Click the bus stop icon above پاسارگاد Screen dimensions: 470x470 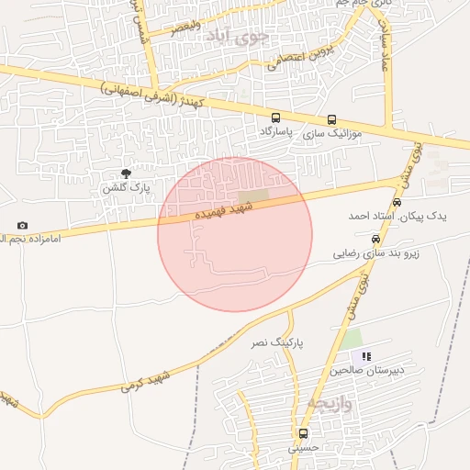tap(276, 118)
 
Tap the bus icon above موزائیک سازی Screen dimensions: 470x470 tap(331, 119)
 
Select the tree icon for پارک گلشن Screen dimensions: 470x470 tap(126, 173)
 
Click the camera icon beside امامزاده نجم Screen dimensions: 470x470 tap(22, 225)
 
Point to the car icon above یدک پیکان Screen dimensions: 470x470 tap(397, 202)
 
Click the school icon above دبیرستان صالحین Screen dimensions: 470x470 tap(366, 356)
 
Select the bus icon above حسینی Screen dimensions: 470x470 tap(303, 433)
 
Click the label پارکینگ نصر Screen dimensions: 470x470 tap(275, 341)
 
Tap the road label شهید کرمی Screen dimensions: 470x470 tap(146, 380)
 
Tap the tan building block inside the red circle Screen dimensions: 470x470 tap(253, 196)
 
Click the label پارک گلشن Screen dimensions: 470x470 tap(125, 187)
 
